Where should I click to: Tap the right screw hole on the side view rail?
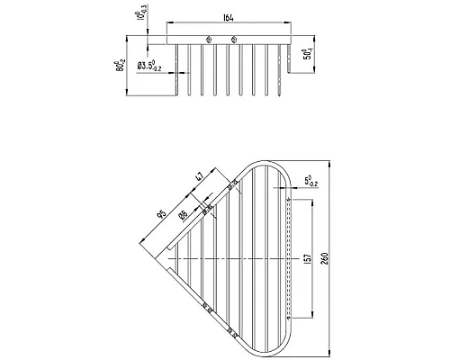[234, 40]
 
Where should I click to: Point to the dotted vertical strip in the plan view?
[288, 259]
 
